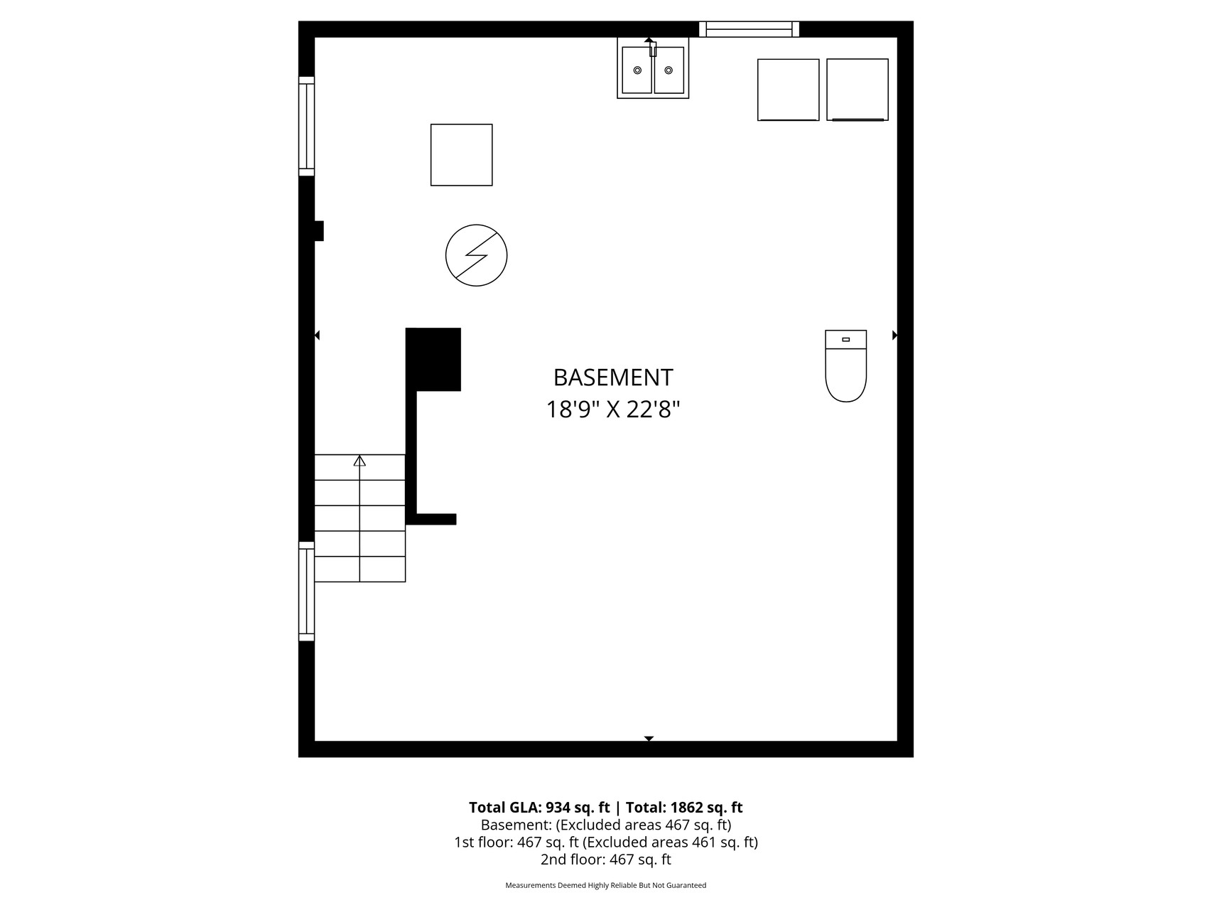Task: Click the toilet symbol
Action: click(845, 366)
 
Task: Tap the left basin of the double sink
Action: click(637, 70)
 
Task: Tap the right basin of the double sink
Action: click(669, 70)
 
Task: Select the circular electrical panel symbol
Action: click(476, 255)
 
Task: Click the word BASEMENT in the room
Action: click(613, 377)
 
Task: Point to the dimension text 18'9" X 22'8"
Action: click(613, 409)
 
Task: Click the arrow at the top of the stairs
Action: click(359, 461)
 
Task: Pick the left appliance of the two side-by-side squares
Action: click(789, 90)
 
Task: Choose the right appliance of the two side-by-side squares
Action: click(857, 90)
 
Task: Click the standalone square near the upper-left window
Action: click(462, 155)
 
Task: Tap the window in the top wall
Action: click(749, 29)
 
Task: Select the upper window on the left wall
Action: click(306, 126)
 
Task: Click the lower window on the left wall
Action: click(306, 591)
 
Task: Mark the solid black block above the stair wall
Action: click(433, 359)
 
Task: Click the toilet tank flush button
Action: click(845, 340)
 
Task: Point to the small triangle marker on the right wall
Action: click(895, 335)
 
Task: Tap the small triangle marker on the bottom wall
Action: click(649, 739)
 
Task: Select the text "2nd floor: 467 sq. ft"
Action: click(606, 860)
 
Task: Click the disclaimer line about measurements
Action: click(606, 886)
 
